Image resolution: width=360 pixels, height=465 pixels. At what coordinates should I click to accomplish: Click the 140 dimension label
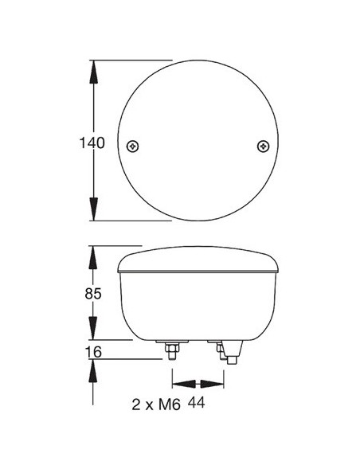pyautogui.click(x=92, y=143)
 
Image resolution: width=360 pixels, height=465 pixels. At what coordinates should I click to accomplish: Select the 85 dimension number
pyautogui.click(x=92, y=294)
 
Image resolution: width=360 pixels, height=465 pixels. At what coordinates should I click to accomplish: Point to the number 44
pyautogui.click(x=197, y=404)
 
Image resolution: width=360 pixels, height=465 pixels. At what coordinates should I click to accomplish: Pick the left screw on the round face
pyautogui.click(x=132, y=145)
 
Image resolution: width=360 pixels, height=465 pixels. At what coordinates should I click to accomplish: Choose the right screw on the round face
pyautogui.click(x=264, y=145)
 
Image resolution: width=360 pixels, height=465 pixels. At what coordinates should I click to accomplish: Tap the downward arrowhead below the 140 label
pyautogui.click(x=94, y=210)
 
